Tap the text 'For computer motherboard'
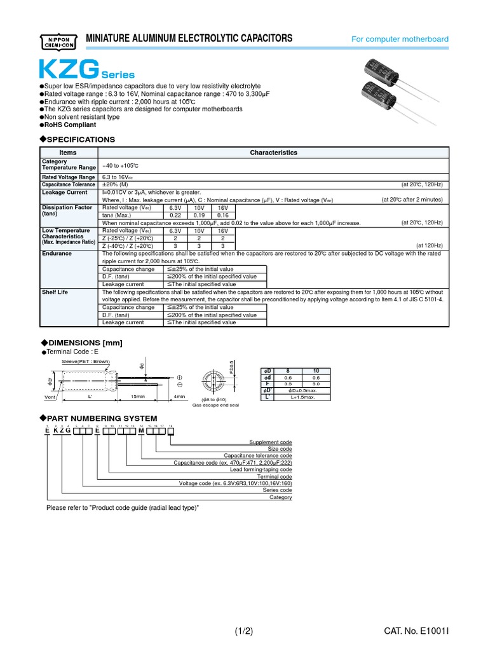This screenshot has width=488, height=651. point(400,39)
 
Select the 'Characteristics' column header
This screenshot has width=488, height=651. point(273,153)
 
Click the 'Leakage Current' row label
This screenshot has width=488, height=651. point(64,192)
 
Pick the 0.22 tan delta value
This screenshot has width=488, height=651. point(175,215)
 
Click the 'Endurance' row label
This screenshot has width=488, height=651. point(57,254)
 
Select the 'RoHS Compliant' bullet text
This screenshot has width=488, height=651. point(69,125)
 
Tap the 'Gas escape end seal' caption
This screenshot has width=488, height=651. point(216,404)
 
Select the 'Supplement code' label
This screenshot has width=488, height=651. point(270,442)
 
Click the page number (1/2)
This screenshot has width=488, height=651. point(244,631)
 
